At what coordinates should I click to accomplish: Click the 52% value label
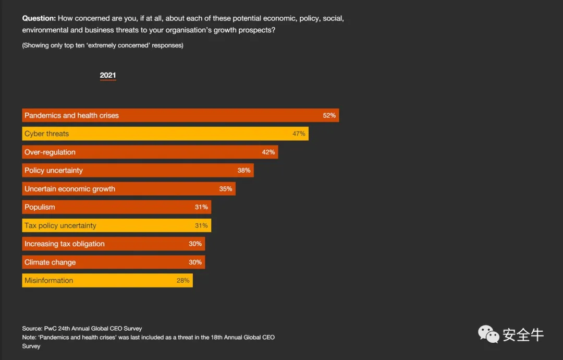pyautogui.click(x=329, y=115)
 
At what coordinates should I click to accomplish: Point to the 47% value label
pyautogui.click(x=299, y=134)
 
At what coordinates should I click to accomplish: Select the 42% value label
pyautogui.click(x=268, y=152)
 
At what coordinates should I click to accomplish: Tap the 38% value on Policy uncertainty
pyautogui.click(x=244, y=170)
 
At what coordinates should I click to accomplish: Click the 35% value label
pyautogui.click(x=226, y=189)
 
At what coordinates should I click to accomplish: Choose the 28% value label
pyautogui.click(x=183, y=280)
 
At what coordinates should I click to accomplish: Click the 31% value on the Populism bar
pyautogui.click(x=201, y=207)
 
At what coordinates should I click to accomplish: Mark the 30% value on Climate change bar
pyautogui.click(x=195, y=262)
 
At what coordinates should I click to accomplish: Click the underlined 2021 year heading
pyautogui.click(x=108, y=76)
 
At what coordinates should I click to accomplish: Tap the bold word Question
pyautogui.click(x=39, y=18)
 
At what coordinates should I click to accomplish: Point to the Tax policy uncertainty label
pyautogui.click(x=60, y=225)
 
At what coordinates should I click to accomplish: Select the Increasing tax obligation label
pyautogui.click(x=65, y=244)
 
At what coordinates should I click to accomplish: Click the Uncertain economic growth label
pyautogui.click(x=70, y=189)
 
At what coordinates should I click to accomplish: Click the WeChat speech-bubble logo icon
pyautogui.click(x=488, y=334)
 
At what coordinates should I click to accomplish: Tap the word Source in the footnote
pyautogui.click(x=31, y=329)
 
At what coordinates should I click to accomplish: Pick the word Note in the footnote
pyautogui.click(x=30, y=337)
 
